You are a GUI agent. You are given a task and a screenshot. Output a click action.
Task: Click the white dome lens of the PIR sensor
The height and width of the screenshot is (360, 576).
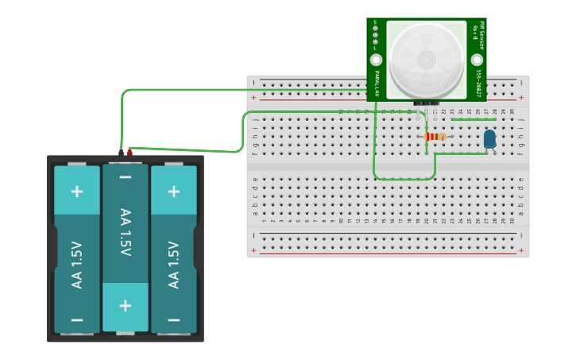click(427, 58)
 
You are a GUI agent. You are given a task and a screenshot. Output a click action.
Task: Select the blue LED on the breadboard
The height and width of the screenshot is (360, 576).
click(489, 140)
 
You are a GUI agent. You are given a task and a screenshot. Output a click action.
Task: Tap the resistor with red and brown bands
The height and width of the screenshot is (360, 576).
click(435, 137)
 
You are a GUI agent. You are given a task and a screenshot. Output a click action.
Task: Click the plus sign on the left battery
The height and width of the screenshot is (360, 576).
click(77, 192)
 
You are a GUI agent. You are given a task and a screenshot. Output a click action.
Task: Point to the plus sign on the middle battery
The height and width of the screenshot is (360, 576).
click(126, 306)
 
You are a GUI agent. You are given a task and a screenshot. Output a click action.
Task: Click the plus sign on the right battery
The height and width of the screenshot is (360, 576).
click(173, 192)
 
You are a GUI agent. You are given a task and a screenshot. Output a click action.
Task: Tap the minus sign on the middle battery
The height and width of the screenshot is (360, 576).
click(126, 176)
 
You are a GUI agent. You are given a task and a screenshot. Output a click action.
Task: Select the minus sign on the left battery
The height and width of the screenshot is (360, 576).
click(77, 319)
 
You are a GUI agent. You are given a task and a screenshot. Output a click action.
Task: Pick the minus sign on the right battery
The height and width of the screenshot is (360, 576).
click(173, 319)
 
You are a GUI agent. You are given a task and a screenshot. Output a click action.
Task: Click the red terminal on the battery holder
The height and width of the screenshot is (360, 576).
click(130, 150)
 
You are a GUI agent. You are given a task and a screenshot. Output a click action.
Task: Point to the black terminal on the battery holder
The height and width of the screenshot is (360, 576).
click(122, 151)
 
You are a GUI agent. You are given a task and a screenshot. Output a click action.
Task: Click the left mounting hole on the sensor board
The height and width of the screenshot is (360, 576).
click(376, 60)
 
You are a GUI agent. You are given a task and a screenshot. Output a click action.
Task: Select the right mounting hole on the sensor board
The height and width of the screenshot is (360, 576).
click(477, 60)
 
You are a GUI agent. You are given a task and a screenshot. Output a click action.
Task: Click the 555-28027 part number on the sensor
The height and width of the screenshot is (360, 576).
click(478, 83)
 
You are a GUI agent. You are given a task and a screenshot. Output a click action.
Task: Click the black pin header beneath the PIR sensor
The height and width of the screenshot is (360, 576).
click(426, 103)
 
